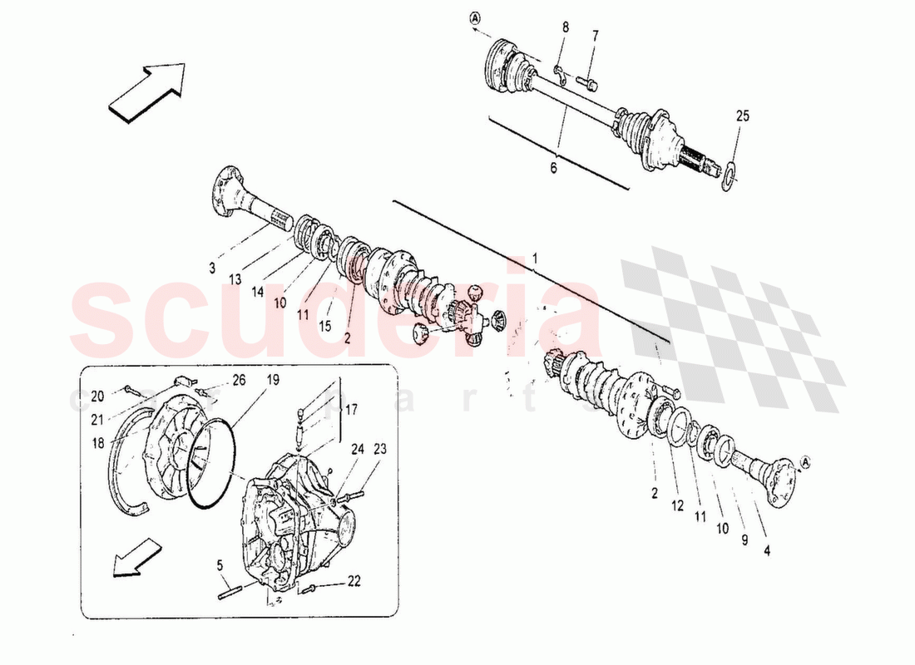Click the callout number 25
click(742, 116)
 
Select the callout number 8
click(566, 27)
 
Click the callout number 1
click(536, 259)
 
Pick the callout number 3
click(212, 268)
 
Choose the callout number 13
click(235, 280)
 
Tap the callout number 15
click(324, 327)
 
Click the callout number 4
click(767, 549)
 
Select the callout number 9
click(744, 539)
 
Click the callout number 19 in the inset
click(272, 380)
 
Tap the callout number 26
click(239, 380)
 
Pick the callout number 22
click(354, 581)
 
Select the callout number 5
click(220, 565)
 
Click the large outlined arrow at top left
click(146, 92)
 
